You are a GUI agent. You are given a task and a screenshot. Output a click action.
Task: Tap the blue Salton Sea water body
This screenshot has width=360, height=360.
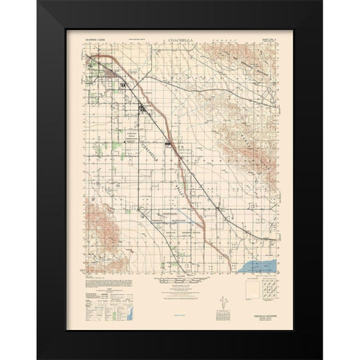(x=259, y=265)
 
